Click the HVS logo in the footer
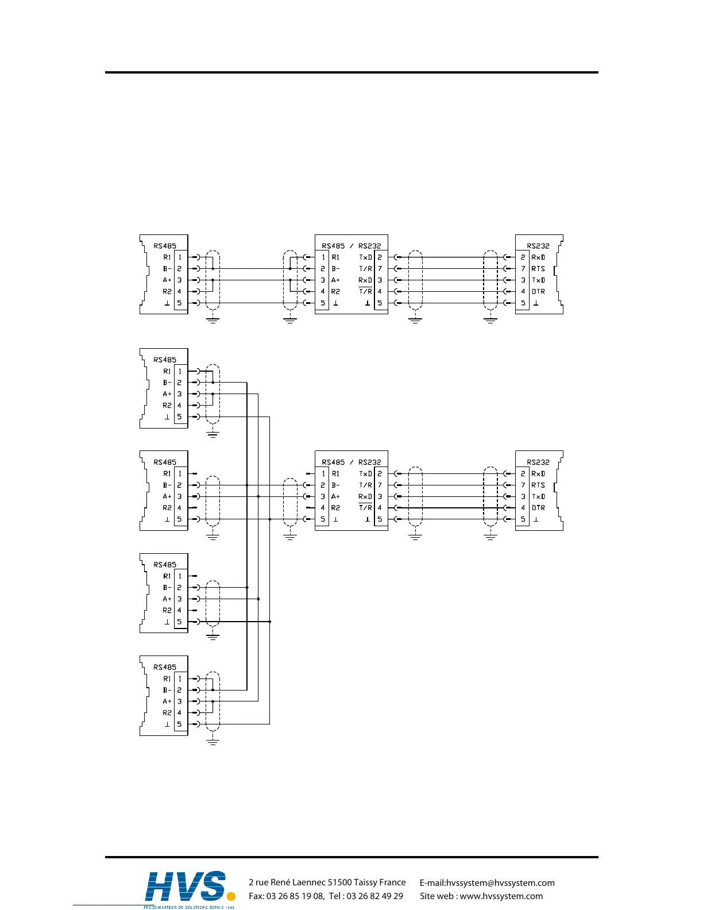click(187, 888)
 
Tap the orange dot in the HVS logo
click(231, 896)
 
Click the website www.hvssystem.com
click(501, 896)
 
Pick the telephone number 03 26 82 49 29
click(375, 896)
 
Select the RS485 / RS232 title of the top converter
click(351, 246)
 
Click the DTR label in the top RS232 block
click(538, 292)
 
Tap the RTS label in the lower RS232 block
click(538, 485)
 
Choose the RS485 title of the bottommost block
click(165, 668)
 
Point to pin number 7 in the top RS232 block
click(523, 269)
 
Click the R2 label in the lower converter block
click(335, 508)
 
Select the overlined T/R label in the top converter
click(365, 292)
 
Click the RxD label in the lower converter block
click(365, 496)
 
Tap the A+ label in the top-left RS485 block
click(167, 280)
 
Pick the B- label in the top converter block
click(335, 269)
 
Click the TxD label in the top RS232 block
click(538, 280)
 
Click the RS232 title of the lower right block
click(538, 462)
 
